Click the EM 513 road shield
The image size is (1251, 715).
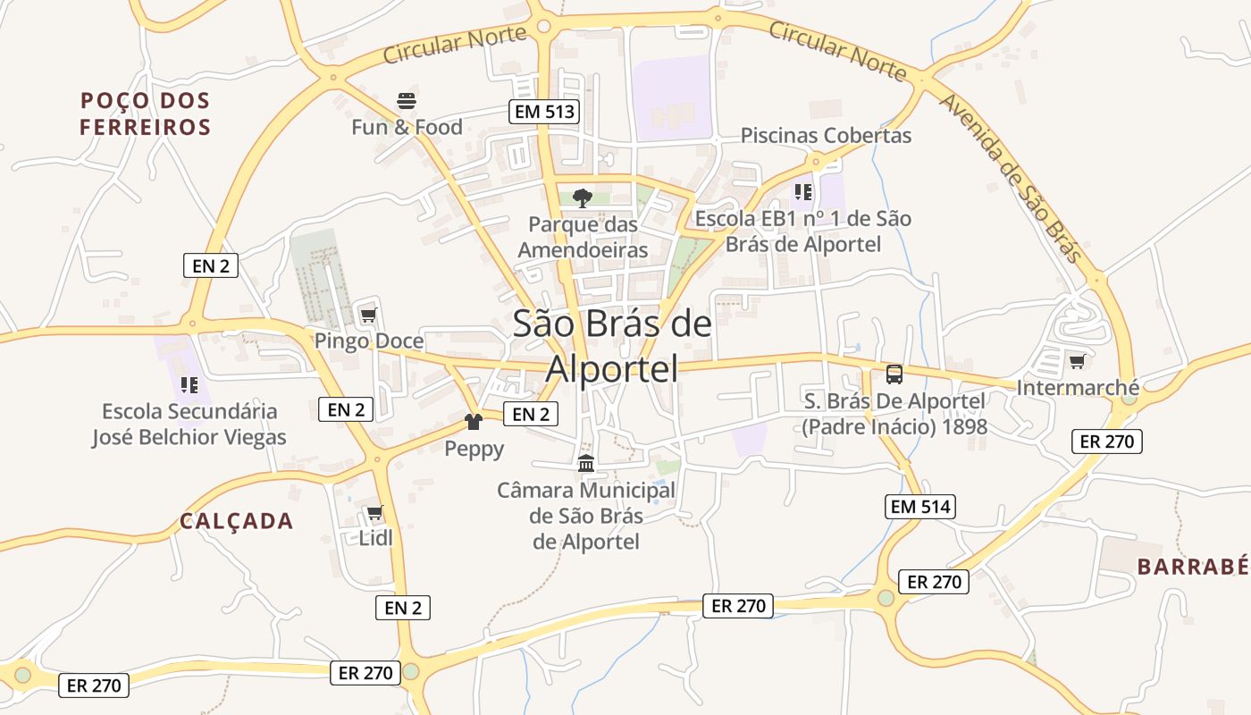544,112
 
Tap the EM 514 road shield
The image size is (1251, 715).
920,507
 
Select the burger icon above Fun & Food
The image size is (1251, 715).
407,100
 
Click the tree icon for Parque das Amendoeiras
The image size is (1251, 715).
583,198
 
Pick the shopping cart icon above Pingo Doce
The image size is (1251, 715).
367,315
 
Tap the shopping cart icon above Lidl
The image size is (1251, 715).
374,513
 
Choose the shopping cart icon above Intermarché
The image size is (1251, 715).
1077,362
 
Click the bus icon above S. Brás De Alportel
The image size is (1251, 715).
894,374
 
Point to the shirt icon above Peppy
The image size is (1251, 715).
474,422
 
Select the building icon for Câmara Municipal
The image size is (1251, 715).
586,463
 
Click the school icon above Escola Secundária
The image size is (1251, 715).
189,385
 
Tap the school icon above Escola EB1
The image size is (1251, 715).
802,191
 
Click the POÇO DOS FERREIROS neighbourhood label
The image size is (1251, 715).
145,114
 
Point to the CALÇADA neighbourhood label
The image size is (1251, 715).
236,521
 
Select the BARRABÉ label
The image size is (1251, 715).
1192,566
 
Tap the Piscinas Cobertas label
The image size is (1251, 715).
826,136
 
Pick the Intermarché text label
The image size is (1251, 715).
1078,388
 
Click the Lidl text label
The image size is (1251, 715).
375,538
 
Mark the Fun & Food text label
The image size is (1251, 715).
407,127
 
